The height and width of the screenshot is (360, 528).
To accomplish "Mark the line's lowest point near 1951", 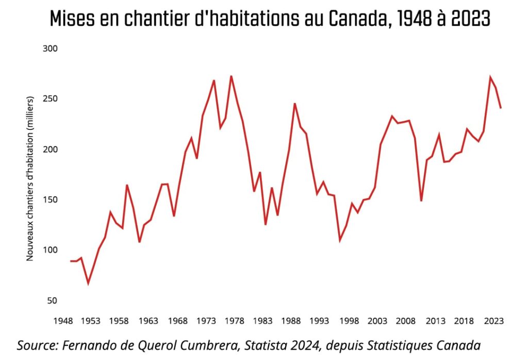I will pyautogui.click(x=88, y=283).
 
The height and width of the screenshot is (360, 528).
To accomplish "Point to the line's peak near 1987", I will pyautogui.click(x=294, y=104).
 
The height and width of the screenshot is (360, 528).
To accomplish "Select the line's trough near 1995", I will pyautogui.click(x=340, y=240).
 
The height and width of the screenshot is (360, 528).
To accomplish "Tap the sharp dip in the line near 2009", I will pyautogui.click(x=421, y=201).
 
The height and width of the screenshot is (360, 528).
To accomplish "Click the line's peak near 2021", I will pyautogui.click(x=490, y=77).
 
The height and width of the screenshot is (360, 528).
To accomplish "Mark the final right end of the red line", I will pyautogui.click(x=501, y=108).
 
